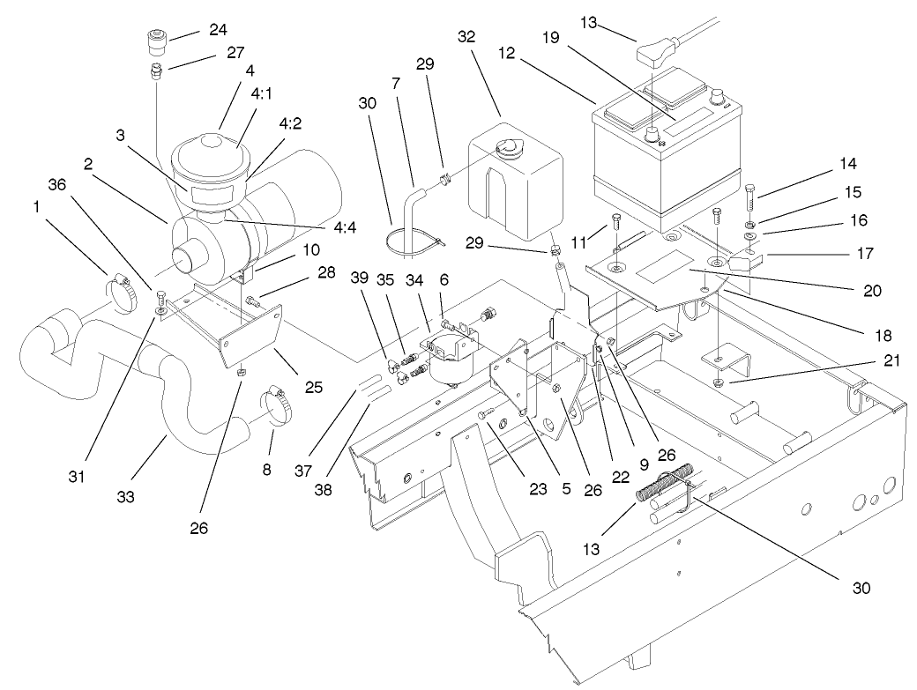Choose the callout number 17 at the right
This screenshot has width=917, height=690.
(x=863, y=254)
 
